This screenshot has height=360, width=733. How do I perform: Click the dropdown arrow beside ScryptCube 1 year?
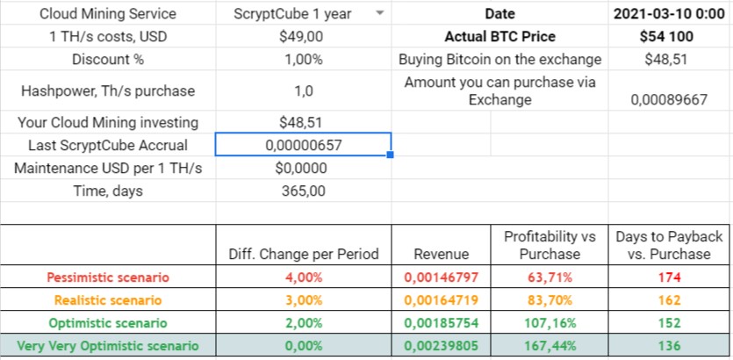click(379, 14)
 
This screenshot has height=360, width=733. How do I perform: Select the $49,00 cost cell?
click(303, 37)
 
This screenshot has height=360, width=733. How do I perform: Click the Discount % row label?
click(108, 60)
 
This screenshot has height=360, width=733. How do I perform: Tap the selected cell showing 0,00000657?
click(303, 145)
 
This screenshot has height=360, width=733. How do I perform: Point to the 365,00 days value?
click(303, 191)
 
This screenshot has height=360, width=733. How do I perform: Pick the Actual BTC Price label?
click(500, 37)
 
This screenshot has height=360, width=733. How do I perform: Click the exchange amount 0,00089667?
click(670, 99)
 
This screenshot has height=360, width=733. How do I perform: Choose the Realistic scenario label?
click(108, 299)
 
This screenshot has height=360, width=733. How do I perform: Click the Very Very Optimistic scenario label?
click(108, 345)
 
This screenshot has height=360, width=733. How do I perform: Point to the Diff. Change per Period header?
click(303, 254)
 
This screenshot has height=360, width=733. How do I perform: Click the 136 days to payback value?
click(670, 345)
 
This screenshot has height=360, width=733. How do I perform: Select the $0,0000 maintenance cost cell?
click(303, 168)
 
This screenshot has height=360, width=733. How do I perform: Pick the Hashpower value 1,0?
click(303, 90)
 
